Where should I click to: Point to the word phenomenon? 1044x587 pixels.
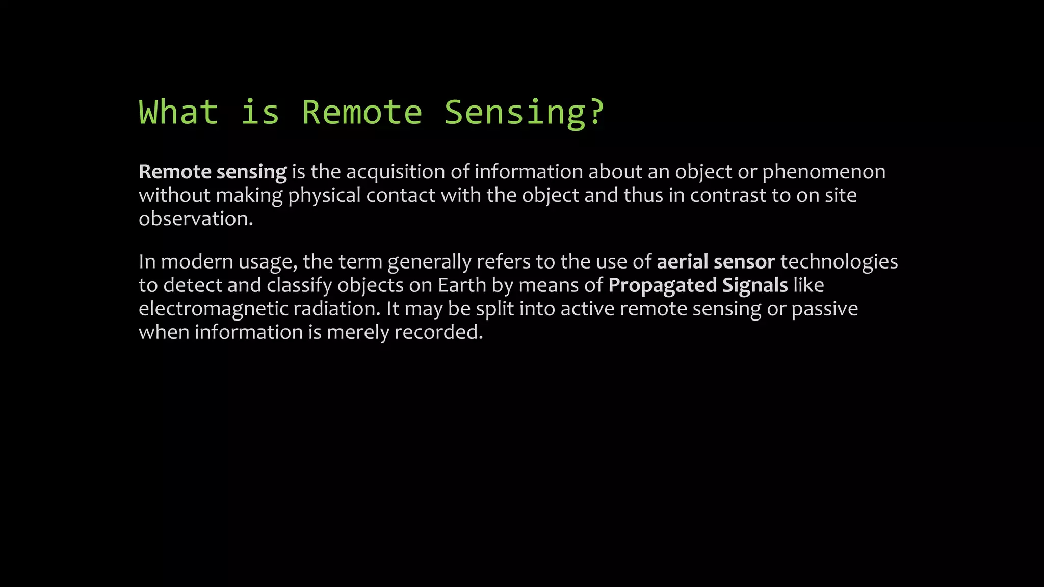pos(824,172)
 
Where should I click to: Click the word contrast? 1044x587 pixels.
pos(728,196)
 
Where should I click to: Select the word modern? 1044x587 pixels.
pos(197,262)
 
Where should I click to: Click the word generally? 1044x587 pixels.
pos(429,263)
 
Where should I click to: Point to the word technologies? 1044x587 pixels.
pos(839,263)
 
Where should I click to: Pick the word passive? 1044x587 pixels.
pos(825,310)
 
